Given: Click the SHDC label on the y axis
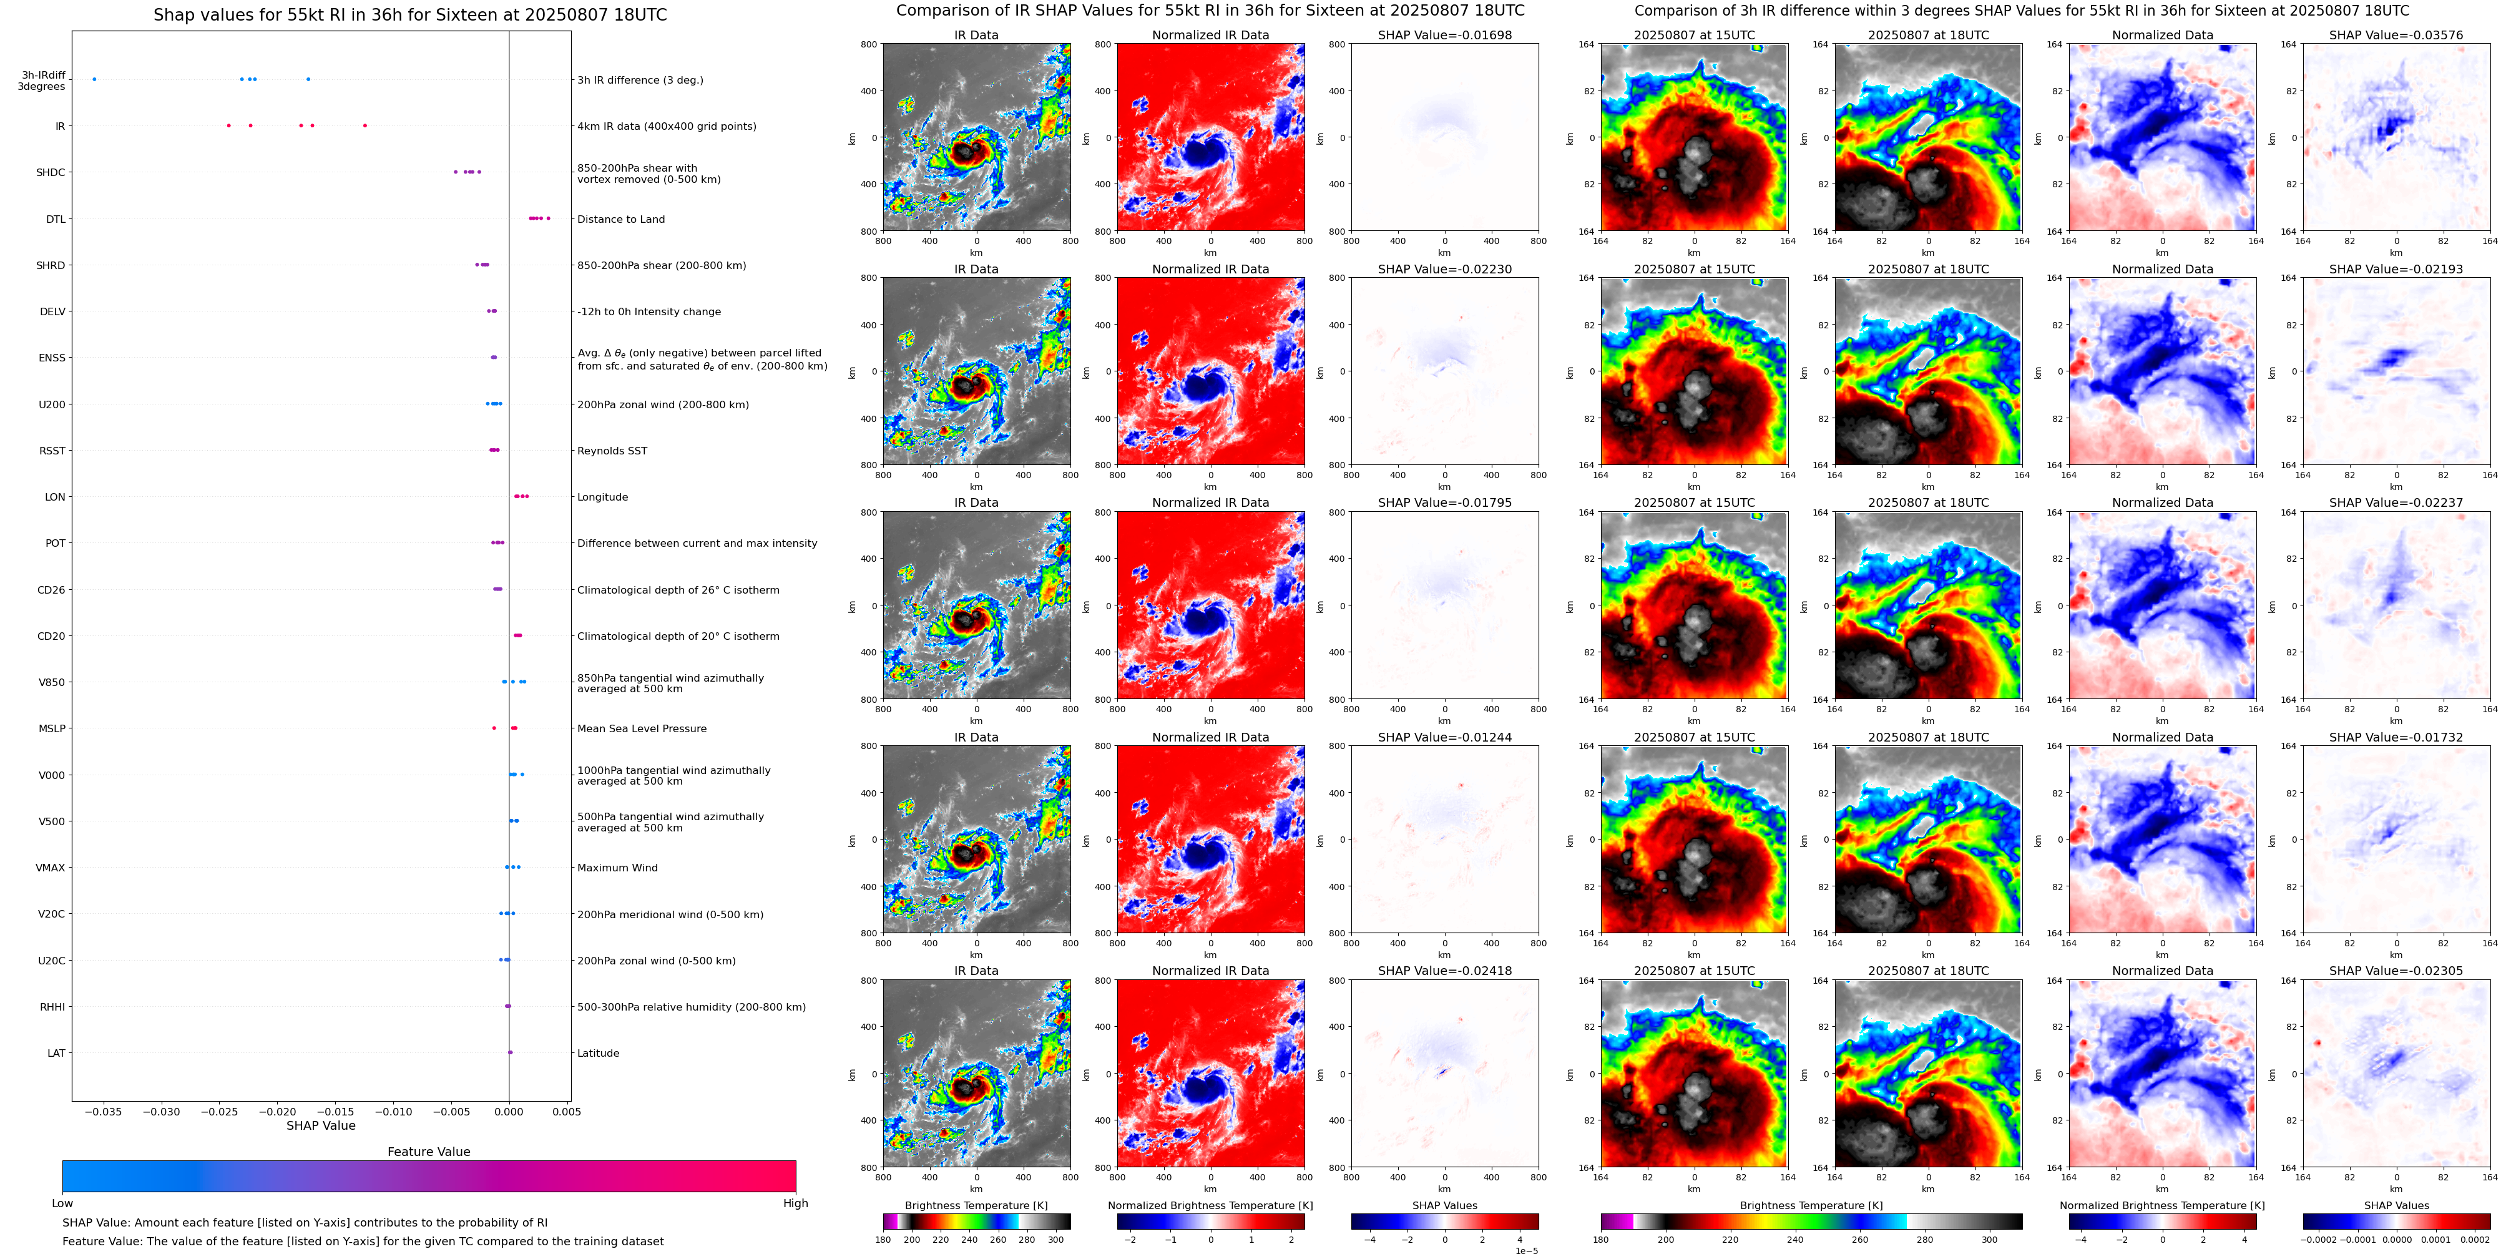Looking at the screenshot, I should (x=51, y=172).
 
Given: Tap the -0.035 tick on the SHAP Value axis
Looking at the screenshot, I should (x=104, y=1111).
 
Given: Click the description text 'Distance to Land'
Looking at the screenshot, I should (x=620, y=219).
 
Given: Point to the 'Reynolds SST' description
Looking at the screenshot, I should (x=612, y=451).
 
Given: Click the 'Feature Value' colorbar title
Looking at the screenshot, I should (x=428, y=1152).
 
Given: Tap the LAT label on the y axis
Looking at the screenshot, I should (x=56, y=1052).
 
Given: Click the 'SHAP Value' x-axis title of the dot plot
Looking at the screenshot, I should (x=320, y=1125).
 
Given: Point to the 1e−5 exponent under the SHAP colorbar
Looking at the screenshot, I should (x=1526, y=1251).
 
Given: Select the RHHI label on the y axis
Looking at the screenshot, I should (x=52, y=1007).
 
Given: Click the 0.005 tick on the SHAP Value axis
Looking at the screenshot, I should (x=566, y=1111).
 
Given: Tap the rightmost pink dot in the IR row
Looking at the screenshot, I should (x=365, y=125).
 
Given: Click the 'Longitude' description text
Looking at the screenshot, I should (x=602, y=497).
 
